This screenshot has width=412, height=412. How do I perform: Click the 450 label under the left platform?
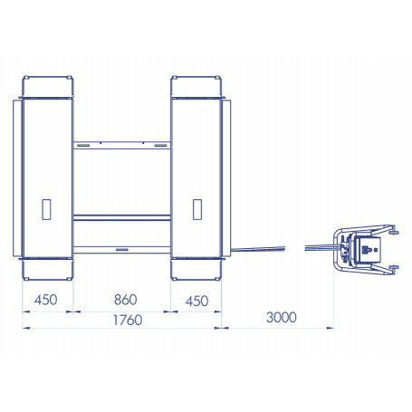[46, 301]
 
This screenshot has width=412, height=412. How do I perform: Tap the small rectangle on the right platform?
[196, 208]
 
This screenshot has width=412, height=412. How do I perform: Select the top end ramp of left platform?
[47, 87]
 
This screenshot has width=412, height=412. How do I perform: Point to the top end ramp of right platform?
[196, 87]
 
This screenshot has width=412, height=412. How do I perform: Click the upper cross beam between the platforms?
[121, 143]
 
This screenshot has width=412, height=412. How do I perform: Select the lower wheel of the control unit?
[394, 267]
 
